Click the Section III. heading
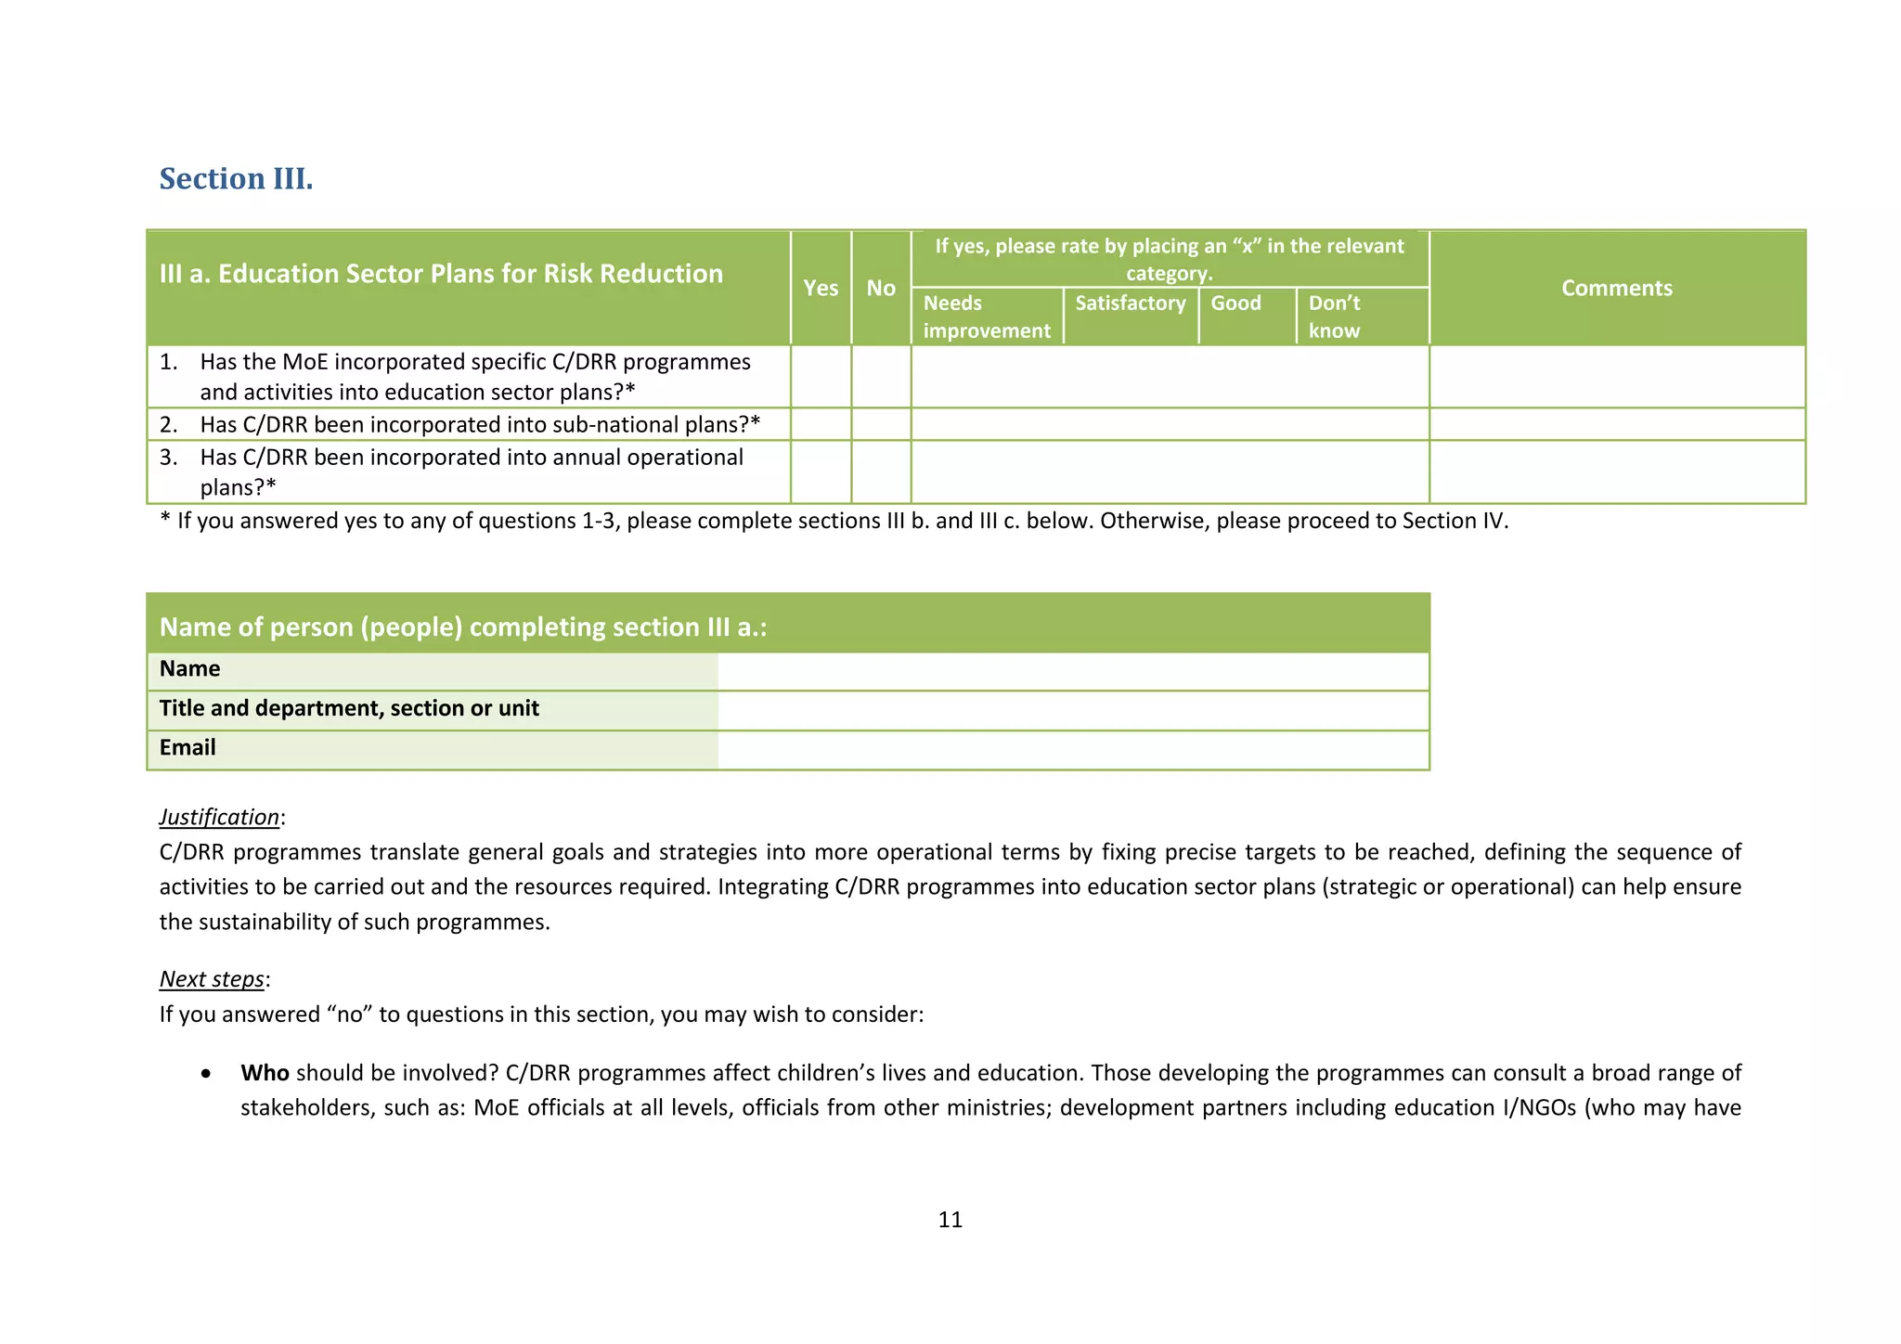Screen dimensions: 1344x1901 coord(236,178)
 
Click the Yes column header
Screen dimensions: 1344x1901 coord(821,288)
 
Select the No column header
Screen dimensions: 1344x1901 coord(880,288)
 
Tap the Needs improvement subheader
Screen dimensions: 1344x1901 coord(986,317)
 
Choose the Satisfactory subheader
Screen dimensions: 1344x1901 coord(1130,304)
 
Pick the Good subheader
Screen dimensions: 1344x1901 coord(1235,304)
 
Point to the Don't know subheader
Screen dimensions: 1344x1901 coord(1334,317)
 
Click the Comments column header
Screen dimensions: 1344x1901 coord(1616,288)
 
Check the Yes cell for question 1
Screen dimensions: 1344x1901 coord(821,377)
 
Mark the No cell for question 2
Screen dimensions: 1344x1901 coord(880,424)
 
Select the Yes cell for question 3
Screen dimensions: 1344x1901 coord(821,472)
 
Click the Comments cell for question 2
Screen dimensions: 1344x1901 coord(1616,424)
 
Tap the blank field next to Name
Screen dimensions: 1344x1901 coord(1072,671)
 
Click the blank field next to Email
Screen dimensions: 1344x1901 coord(1072,750)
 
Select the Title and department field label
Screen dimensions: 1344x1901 coord(349,708)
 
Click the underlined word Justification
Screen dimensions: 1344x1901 coord(219,817)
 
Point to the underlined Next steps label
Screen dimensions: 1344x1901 coord(212,979)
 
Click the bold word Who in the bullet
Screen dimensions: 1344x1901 coord(265,1073)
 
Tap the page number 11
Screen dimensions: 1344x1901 coord(950,1220)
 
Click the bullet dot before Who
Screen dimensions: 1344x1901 coord(205,1074)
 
